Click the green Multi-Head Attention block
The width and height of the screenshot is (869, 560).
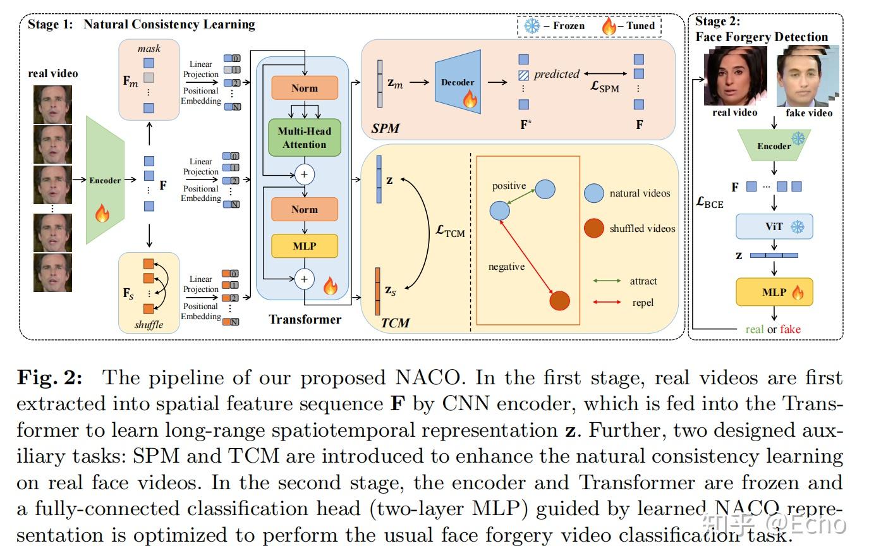[x=304, y=138]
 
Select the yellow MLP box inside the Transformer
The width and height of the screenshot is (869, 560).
[x=304, y=246]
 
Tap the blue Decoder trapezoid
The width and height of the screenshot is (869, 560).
[x=458, y=82]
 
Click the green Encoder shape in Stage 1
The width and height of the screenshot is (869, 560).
[x=105, y=180]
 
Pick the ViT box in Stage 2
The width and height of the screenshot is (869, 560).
[x=774, y=227]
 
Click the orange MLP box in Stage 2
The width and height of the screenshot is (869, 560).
[x=774, y=292]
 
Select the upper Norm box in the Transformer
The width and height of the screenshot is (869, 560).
[x=304, y=88]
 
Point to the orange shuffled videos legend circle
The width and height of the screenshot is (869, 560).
[x=593, y=228]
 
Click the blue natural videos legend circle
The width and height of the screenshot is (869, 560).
[x=593, y=193]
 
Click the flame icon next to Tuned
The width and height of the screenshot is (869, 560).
[x=609, y=26]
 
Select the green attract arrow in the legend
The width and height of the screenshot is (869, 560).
[x=607, y=281]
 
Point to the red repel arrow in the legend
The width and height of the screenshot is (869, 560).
[x=607, y=302]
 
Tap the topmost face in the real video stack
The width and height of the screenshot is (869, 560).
[x=52, y=103]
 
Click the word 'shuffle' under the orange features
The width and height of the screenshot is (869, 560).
[x=149, y=325]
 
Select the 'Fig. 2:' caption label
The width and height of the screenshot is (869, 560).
[x=49, y=378]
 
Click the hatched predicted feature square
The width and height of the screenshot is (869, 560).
[x=523, y=75]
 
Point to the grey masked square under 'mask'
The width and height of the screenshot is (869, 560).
[x=149, y=78]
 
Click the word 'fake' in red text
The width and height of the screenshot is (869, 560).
[x=790, y=329]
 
